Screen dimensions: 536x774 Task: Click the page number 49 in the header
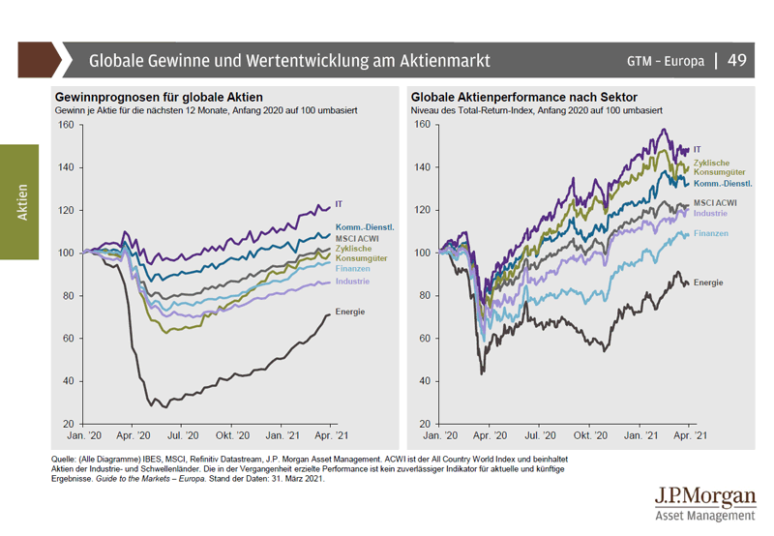(x=737, y=60)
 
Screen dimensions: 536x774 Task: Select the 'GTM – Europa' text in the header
(x=666, y=61)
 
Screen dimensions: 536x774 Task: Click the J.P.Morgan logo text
(x=705, y=496)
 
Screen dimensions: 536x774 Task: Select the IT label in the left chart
(x=338, y=204)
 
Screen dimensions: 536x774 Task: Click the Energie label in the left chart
(x=351, y=312)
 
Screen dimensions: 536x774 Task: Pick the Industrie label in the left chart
(x=352, y=281)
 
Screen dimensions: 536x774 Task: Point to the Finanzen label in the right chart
(x=710, y=233)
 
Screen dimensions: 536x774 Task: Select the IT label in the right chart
(x=697, y=148)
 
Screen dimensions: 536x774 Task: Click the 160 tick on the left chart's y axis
(x=65, y=125)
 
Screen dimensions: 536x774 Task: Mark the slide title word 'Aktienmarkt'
(x=438, y=61)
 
